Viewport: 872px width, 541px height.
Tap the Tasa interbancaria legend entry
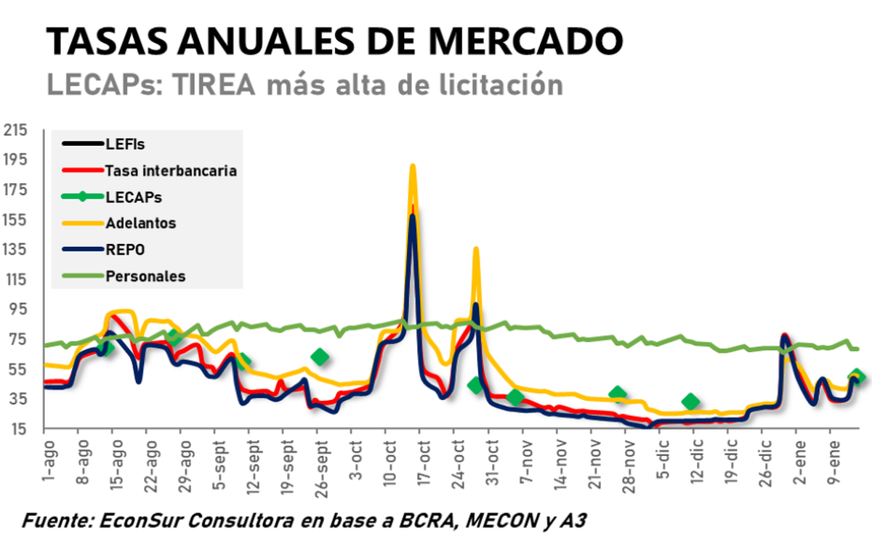click(171, 171)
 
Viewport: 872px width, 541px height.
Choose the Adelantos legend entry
click(140, 223)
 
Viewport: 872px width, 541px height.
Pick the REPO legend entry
click(125, 249)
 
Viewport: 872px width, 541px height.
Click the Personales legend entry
click(145, 276)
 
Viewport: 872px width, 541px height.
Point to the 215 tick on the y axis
click(15, 131)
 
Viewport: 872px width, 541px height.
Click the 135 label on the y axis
click(15, 250)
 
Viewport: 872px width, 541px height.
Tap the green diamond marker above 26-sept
click(320, 357)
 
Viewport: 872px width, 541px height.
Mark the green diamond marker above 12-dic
click(691, 402)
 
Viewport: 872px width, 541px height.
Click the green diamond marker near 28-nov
click(618, 394)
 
